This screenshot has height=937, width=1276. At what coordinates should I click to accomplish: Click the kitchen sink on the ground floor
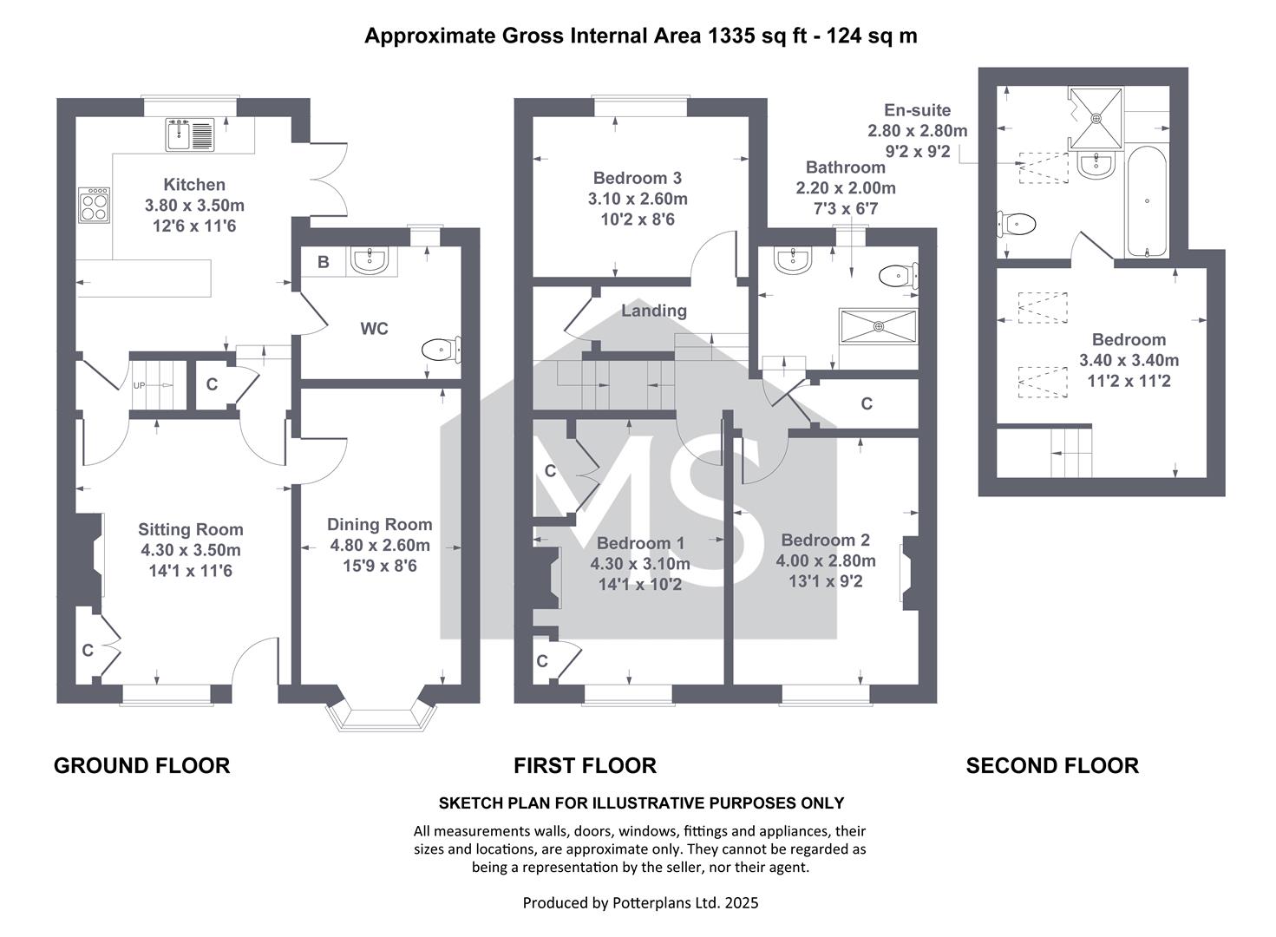click(x=190, y=134)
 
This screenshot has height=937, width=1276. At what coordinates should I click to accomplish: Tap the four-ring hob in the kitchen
click(x=95, y=205)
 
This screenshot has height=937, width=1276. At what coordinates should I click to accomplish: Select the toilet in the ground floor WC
click(x=442, y=350)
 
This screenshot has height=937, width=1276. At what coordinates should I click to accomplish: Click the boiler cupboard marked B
click(x=323, y=262)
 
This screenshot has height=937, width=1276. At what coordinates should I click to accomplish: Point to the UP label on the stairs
click(x=139, y=385)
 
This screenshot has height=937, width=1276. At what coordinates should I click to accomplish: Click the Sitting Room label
click(x=191, y=530)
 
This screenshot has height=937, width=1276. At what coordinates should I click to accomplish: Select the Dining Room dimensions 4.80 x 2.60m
click(x=380, y=545)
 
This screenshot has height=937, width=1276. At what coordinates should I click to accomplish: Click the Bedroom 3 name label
click(x=638, y=178)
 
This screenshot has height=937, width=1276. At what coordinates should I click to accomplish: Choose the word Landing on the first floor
click(x=654, y=311)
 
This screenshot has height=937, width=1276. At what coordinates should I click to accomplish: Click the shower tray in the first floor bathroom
click(x=879, y=326)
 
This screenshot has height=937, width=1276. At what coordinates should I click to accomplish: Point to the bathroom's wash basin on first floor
click(x=792, y=260)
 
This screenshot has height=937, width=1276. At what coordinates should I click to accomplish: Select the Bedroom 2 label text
click(x=826, y=540)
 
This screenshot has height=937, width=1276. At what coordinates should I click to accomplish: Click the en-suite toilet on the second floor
click(x=1016, y=224)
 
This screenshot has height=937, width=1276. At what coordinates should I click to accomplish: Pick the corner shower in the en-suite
click(x=1096, y=118)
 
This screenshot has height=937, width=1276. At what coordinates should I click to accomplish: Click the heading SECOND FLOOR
click(x=1052, y=765)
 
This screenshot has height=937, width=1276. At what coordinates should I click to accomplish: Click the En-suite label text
click(x=917, y=110)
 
